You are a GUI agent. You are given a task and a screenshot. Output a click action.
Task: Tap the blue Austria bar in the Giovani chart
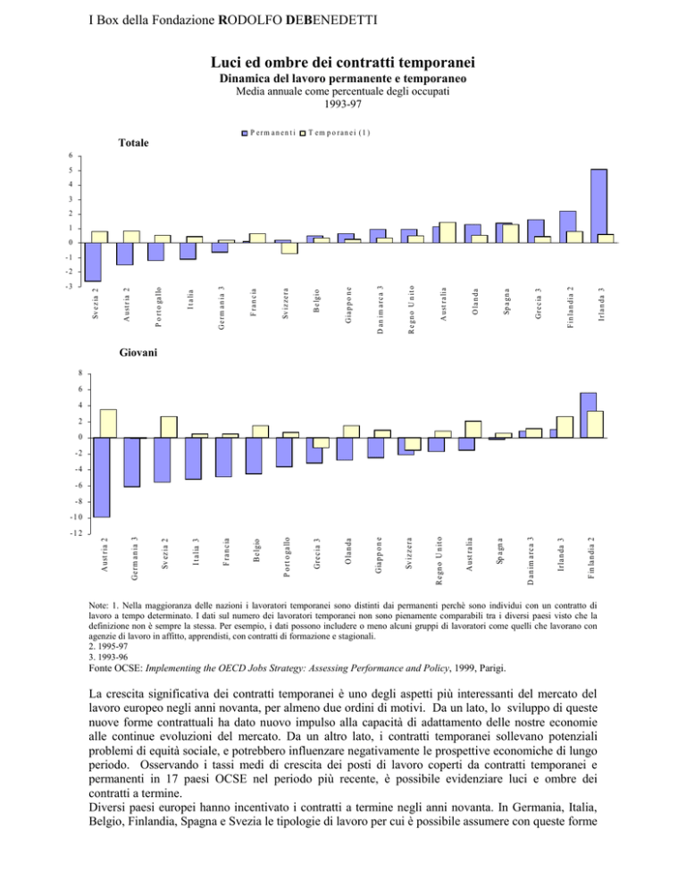(x=102, y=477)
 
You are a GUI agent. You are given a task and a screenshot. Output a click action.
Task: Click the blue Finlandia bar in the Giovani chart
(x=588, y=415)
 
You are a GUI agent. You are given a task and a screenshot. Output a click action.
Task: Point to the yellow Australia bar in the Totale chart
(x=448, y=232)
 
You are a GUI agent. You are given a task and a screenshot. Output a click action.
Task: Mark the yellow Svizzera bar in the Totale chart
(x=289, y=247)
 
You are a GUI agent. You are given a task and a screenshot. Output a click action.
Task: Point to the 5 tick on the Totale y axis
(x=71, y=171)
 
